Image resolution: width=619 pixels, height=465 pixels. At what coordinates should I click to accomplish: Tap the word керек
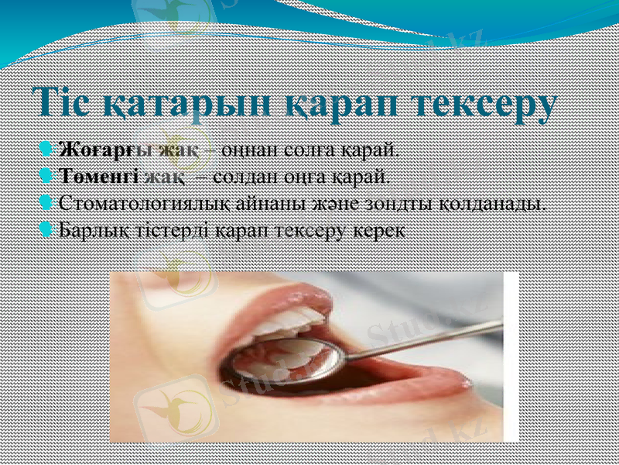tap(378, 231)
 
